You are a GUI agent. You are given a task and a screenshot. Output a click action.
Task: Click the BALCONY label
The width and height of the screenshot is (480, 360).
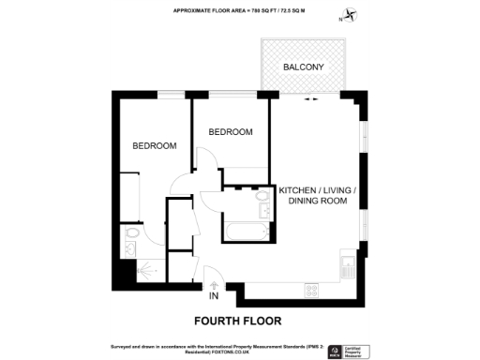click(304, 67)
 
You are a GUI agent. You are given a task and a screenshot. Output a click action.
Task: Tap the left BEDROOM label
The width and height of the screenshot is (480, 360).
click(154, 146)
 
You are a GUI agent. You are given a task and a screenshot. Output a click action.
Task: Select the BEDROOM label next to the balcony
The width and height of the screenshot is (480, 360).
click(231, 132)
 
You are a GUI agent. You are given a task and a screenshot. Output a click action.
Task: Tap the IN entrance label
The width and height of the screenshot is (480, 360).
click(214, 297)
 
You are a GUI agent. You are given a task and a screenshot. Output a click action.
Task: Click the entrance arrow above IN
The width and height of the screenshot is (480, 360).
click(214, 285)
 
